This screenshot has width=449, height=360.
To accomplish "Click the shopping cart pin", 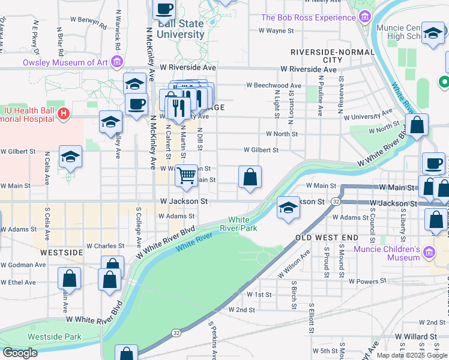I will click(187, 175).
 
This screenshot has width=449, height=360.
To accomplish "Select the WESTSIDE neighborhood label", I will click(61, 253).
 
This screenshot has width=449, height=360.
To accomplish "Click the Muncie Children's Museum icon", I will click(429, 253).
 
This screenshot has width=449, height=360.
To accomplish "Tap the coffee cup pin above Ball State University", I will click(164, 9).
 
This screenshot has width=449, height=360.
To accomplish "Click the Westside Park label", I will click(55, 337).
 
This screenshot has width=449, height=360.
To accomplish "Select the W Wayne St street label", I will click(280, 30).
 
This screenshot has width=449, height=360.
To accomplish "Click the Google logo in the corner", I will click(20, 353).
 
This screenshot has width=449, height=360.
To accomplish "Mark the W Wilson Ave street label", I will click(294, 264).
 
